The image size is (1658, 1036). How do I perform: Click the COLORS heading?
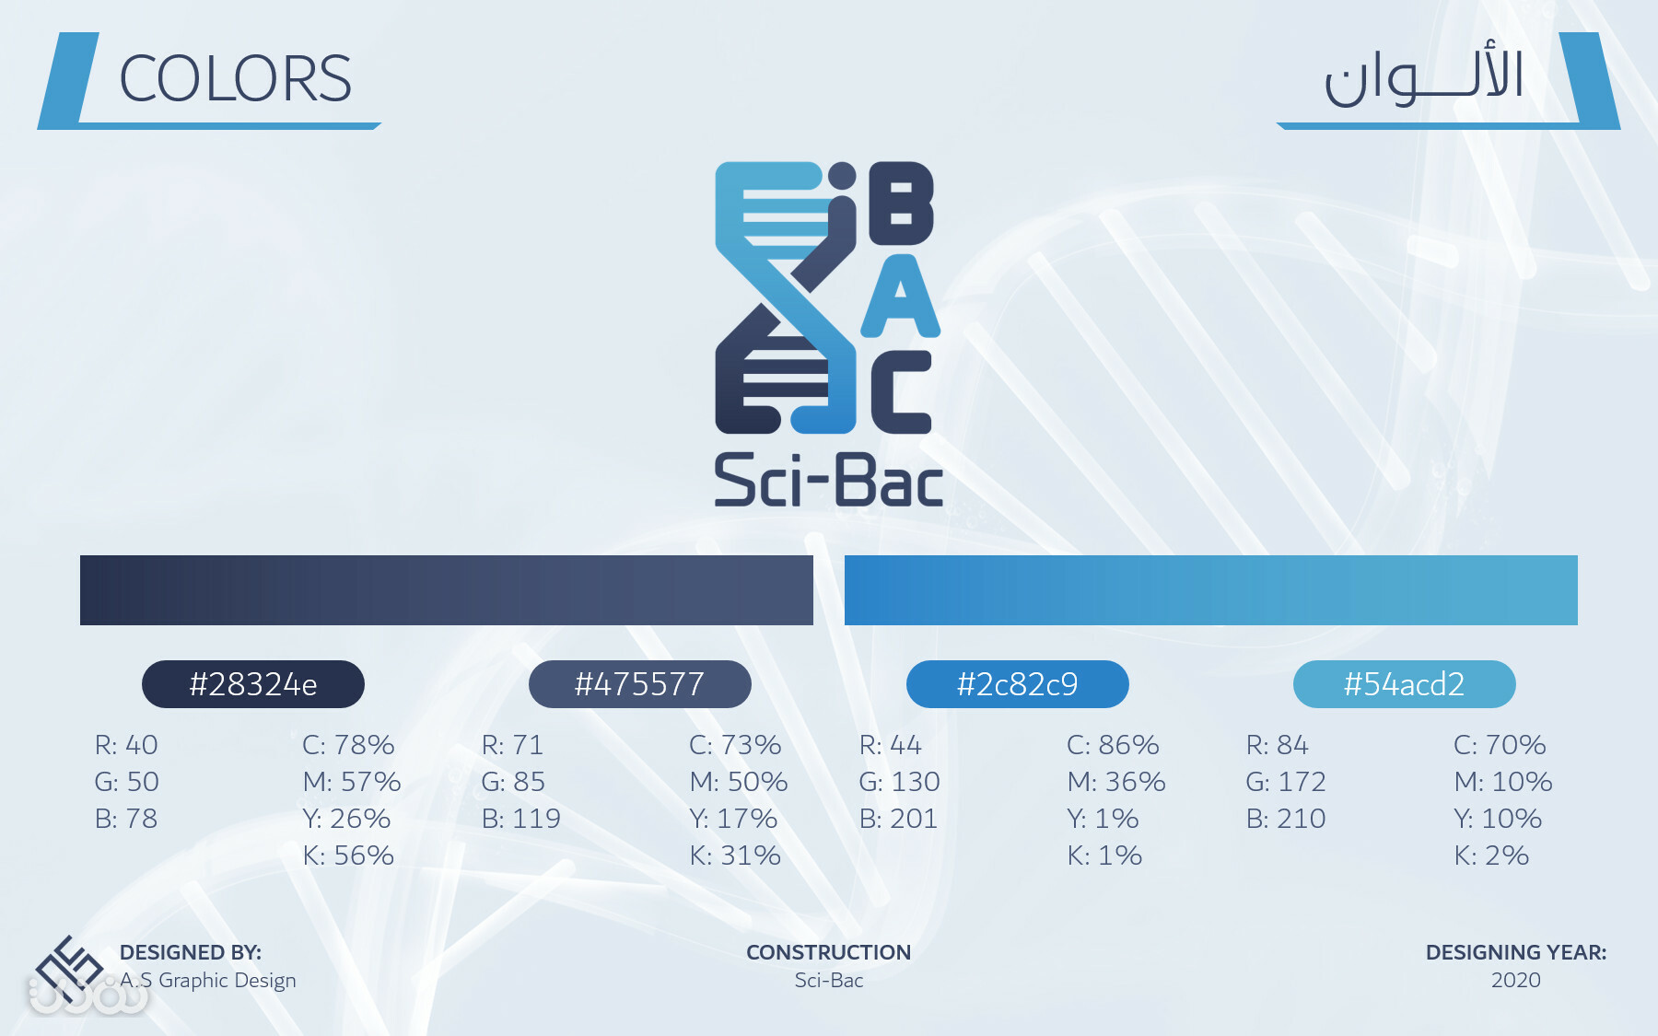point(236,78)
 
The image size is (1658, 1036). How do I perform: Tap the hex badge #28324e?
point(253,684)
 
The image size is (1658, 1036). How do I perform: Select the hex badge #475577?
point(640,684)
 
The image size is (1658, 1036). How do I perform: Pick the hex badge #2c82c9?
point(1018,684)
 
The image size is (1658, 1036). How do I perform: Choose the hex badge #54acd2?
point(1405,684)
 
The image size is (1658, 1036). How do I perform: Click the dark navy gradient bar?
point(447,590)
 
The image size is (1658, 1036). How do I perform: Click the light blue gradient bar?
point(1211,590)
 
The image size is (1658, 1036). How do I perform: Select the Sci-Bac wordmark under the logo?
point(829,480)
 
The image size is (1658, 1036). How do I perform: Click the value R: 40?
point(126,744)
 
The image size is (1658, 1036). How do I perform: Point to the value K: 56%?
point(348,855)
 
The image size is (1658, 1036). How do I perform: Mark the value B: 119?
point(521,818)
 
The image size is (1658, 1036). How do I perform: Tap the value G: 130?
point(900,781)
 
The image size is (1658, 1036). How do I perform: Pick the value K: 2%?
point(1491,855)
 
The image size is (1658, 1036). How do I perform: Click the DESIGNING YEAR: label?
point(1516,952)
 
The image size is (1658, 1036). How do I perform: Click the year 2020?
point(1516,980)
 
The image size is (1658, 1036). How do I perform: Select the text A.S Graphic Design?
point(208,981)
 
